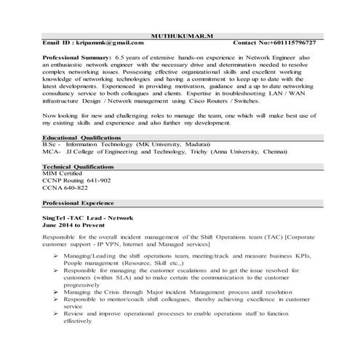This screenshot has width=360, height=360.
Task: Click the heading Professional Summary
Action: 77,57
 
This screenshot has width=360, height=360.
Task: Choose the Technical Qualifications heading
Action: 79,166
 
